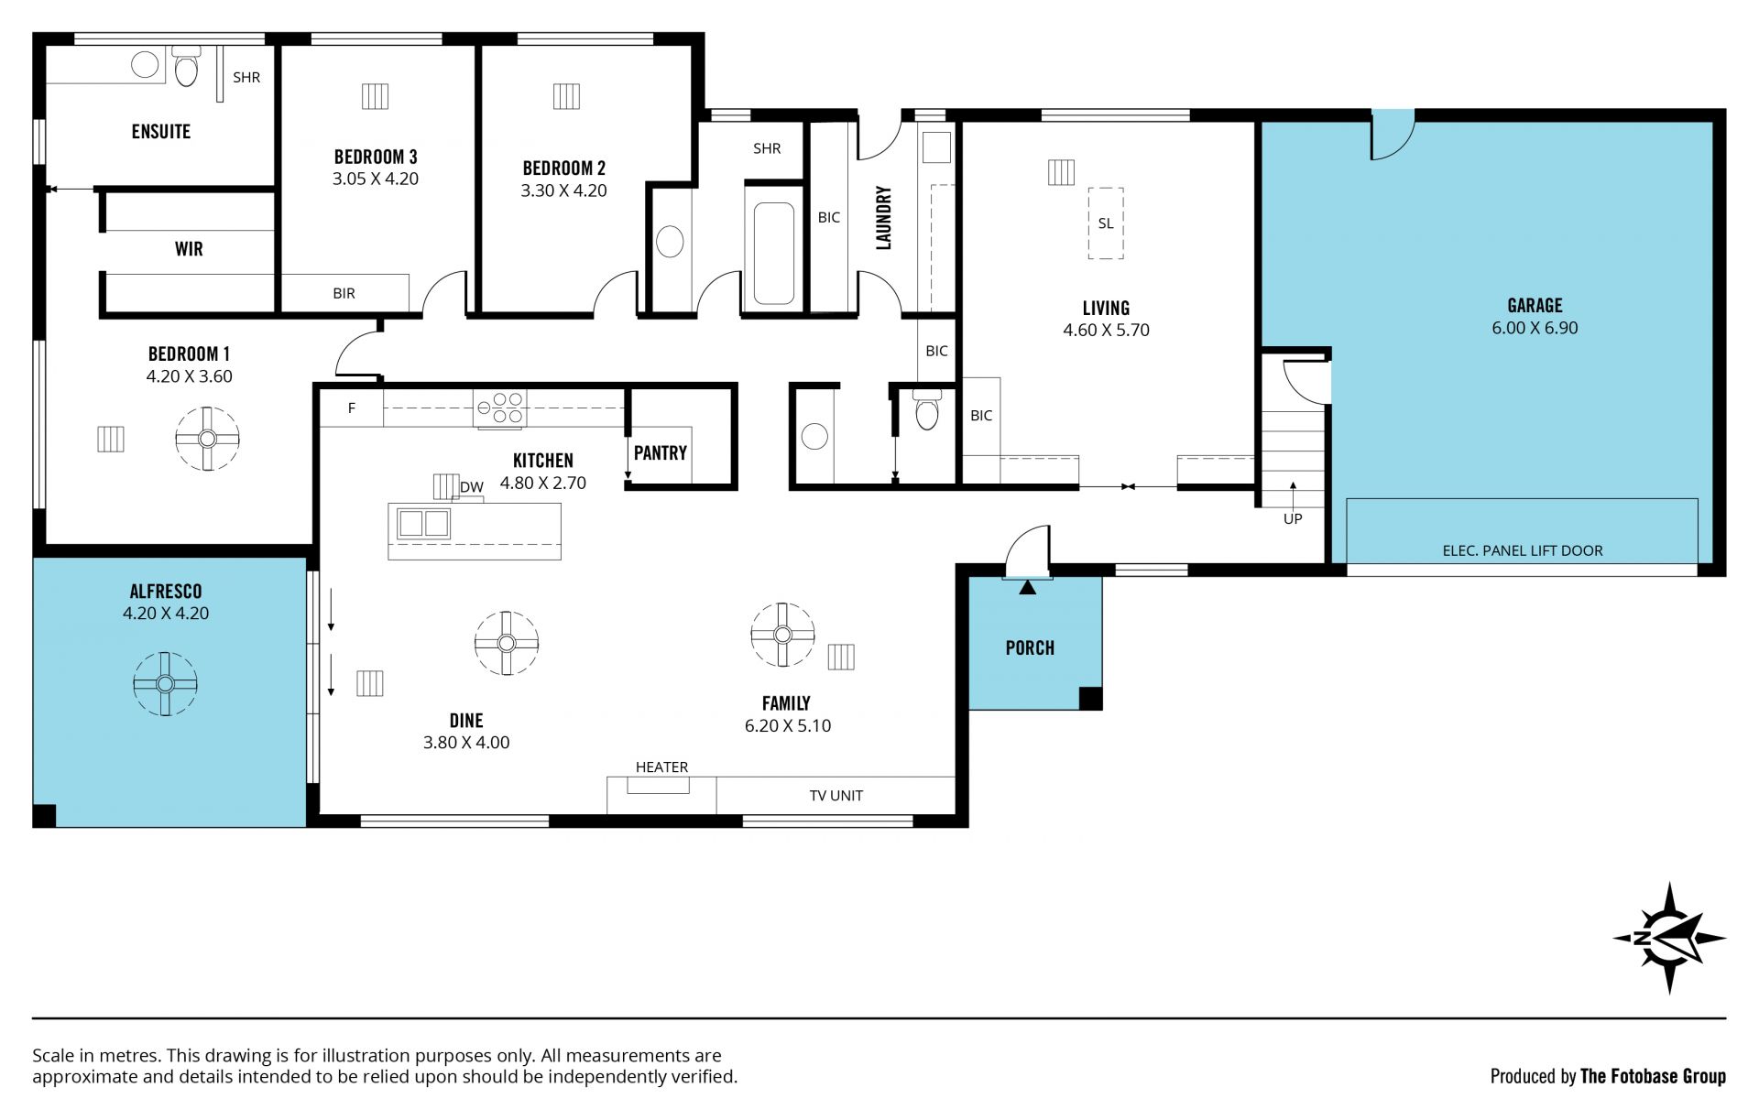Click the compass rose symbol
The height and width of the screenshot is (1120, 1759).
click(1669, 938)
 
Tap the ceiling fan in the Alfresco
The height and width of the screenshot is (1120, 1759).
click(165, 683)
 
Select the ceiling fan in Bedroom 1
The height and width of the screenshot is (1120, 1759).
click(207, 439)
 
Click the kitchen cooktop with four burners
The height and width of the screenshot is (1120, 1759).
click(500, 408)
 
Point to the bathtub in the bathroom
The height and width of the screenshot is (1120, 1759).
click(774, 253)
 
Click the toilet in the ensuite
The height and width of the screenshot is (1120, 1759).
click(186, 65)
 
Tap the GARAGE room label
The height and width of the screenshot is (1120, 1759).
click(1535, 306)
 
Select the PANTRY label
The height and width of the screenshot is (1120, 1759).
click(660, 452)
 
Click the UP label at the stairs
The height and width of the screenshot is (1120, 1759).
click(1293, 519)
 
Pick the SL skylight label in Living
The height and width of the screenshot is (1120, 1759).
click(1106, 223)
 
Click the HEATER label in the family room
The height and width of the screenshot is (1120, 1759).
click(661, 767)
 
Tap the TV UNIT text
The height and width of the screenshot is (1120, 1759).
click(836, 796)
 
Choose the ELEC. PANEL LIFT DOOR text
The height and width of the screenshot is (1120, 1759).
click(1523, 550)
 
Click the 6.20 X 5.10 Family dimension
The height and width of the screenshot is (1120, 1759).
click(788, 726)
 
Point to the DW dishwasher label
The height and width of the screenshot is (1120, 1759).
click(472, 487)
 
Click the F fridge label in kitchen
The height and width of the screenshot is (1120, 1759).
click(352, 408)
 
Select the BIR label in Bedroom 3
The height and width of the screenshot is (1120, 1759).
click(344, 294)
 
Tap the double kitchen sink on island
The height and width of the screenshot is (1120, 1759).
click(423, 523)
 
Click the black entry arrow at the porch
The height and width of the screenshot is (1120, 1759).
click(1027, 587)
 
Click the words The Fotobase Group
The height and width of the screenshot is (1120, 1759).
click(1653, 1076)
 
